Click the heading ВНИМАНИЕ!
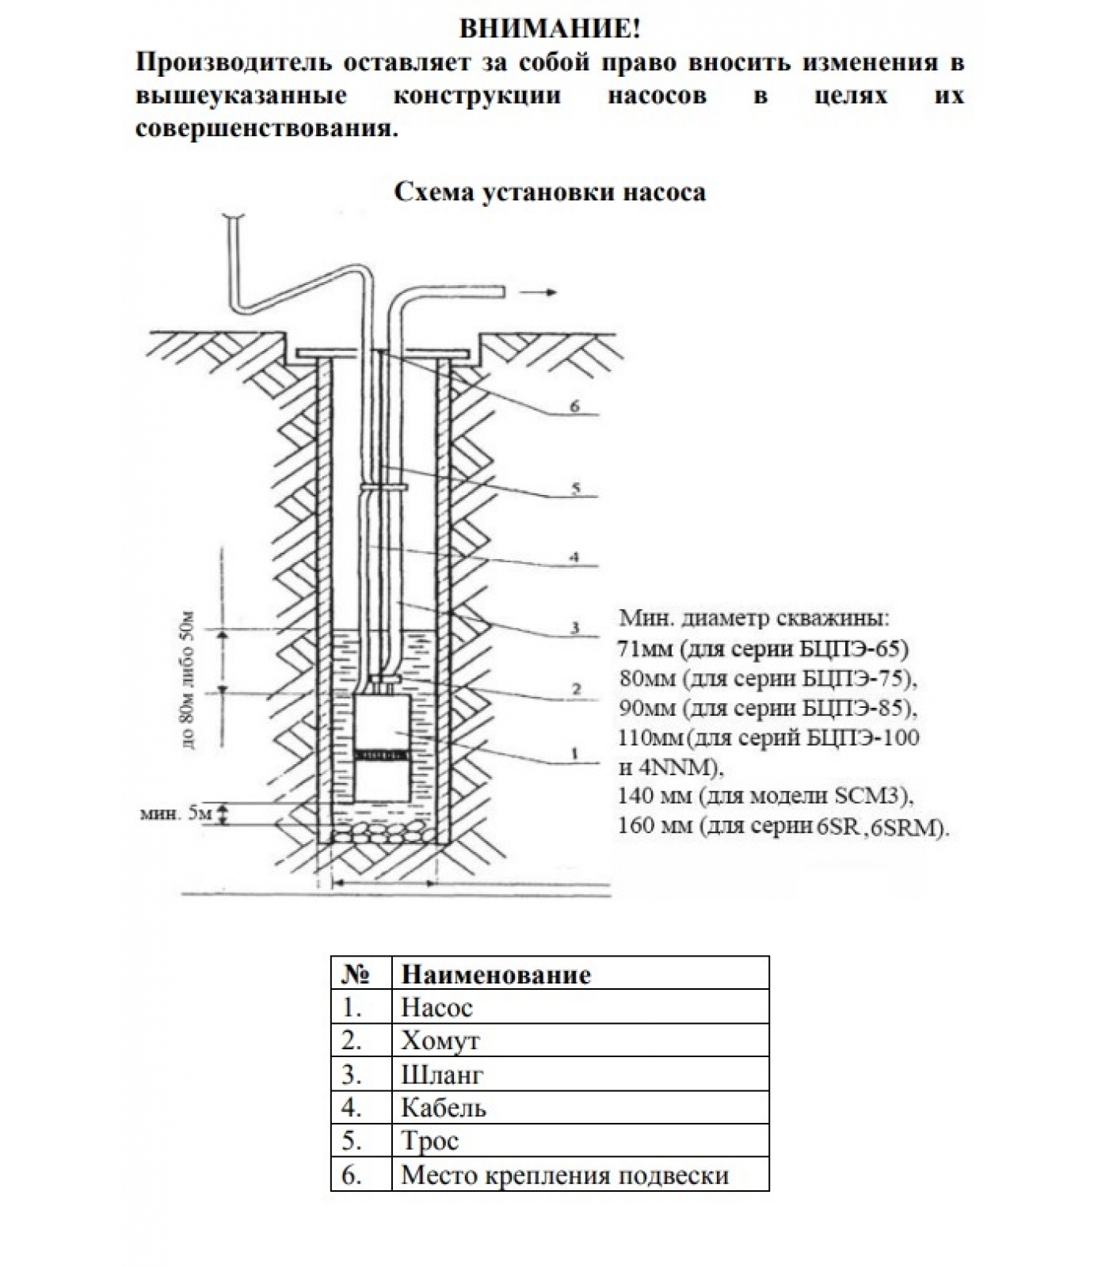(x=550, y=29)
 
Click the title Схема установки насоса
(x=550, y=192)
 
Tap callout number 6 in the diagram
(x=575, y=407)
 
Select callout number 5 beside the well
(x=576, y=489)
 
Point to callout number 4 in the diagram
(x=575, y=557)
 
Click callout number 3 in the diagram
(x=576, y=628)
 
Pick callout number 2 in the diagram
(x=576, y=690)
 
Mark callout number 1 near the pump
(x=576, y=753)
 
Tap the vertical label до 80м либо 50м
(x=187, y=680)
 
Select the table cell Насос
(x=436, y=1007)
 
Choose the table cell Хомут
(x=440, y=1041)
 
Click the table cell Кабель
(x=443, y=1107)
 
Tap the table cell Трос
(x=430, y=1140)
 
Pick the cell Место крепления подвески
(x=565, y=1174)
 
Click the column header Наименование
(x=496, y=974)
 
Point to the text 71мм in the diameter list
(x=645, y=649)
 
